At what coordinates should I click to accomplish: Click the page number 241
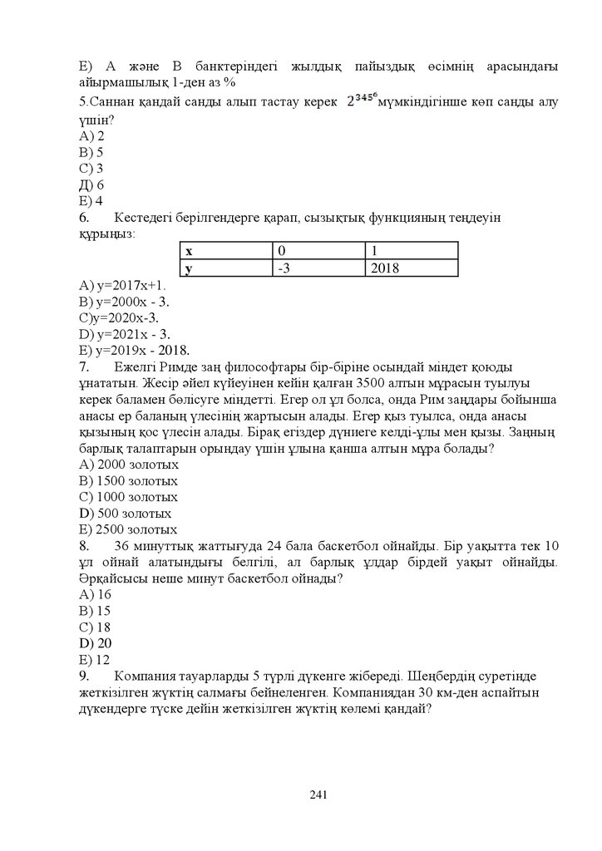coord(317,794)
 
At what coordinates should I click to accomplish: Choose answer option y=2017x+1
coord(123,285)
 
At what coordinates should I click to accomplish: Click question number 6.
coord(84,218)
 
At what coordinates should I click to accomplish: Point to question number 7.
coord(84,366)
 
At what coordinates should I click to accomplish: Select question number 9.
coord(84,676)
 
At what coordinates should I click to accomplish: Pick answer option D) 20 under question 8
coord(95,643)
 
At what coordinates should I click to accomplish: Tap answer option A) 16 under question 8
coord(95,594)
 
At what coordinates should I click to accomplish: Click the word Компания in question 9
coord(146,676)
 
